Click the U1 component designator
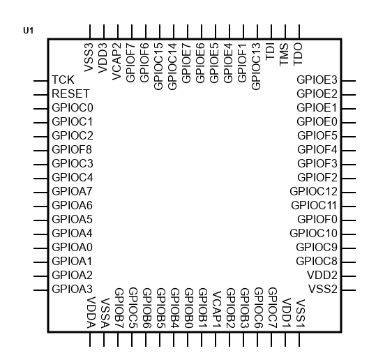pos(28,31)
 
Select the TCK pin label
pos(63,80)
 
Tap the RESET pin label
pos(70,93)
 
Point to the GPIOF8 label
pos(72,149)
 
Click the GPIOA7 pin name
pos(72,191)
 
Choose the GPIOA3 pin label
pos(73,289)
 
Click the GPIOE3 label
pos(317,80)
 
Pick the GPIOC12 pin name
pos(313,191)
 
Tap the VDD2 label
pos(322,276)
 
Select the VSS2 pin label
pos(323,289)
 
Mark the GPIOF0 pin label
pos(317,220)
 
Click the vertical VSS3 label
pos(89,57)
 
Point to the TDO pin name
pos(298,54)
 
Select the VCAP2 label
pos(116,61)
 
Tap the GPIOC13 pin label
pos(256,66)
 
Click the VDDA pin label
pos(91,313)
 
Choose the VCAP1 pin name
pos(217,310)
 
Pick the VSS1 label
pos(300,314)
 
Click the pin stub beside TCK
pos(40,81)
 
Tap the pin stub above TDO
pos(299,31)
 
